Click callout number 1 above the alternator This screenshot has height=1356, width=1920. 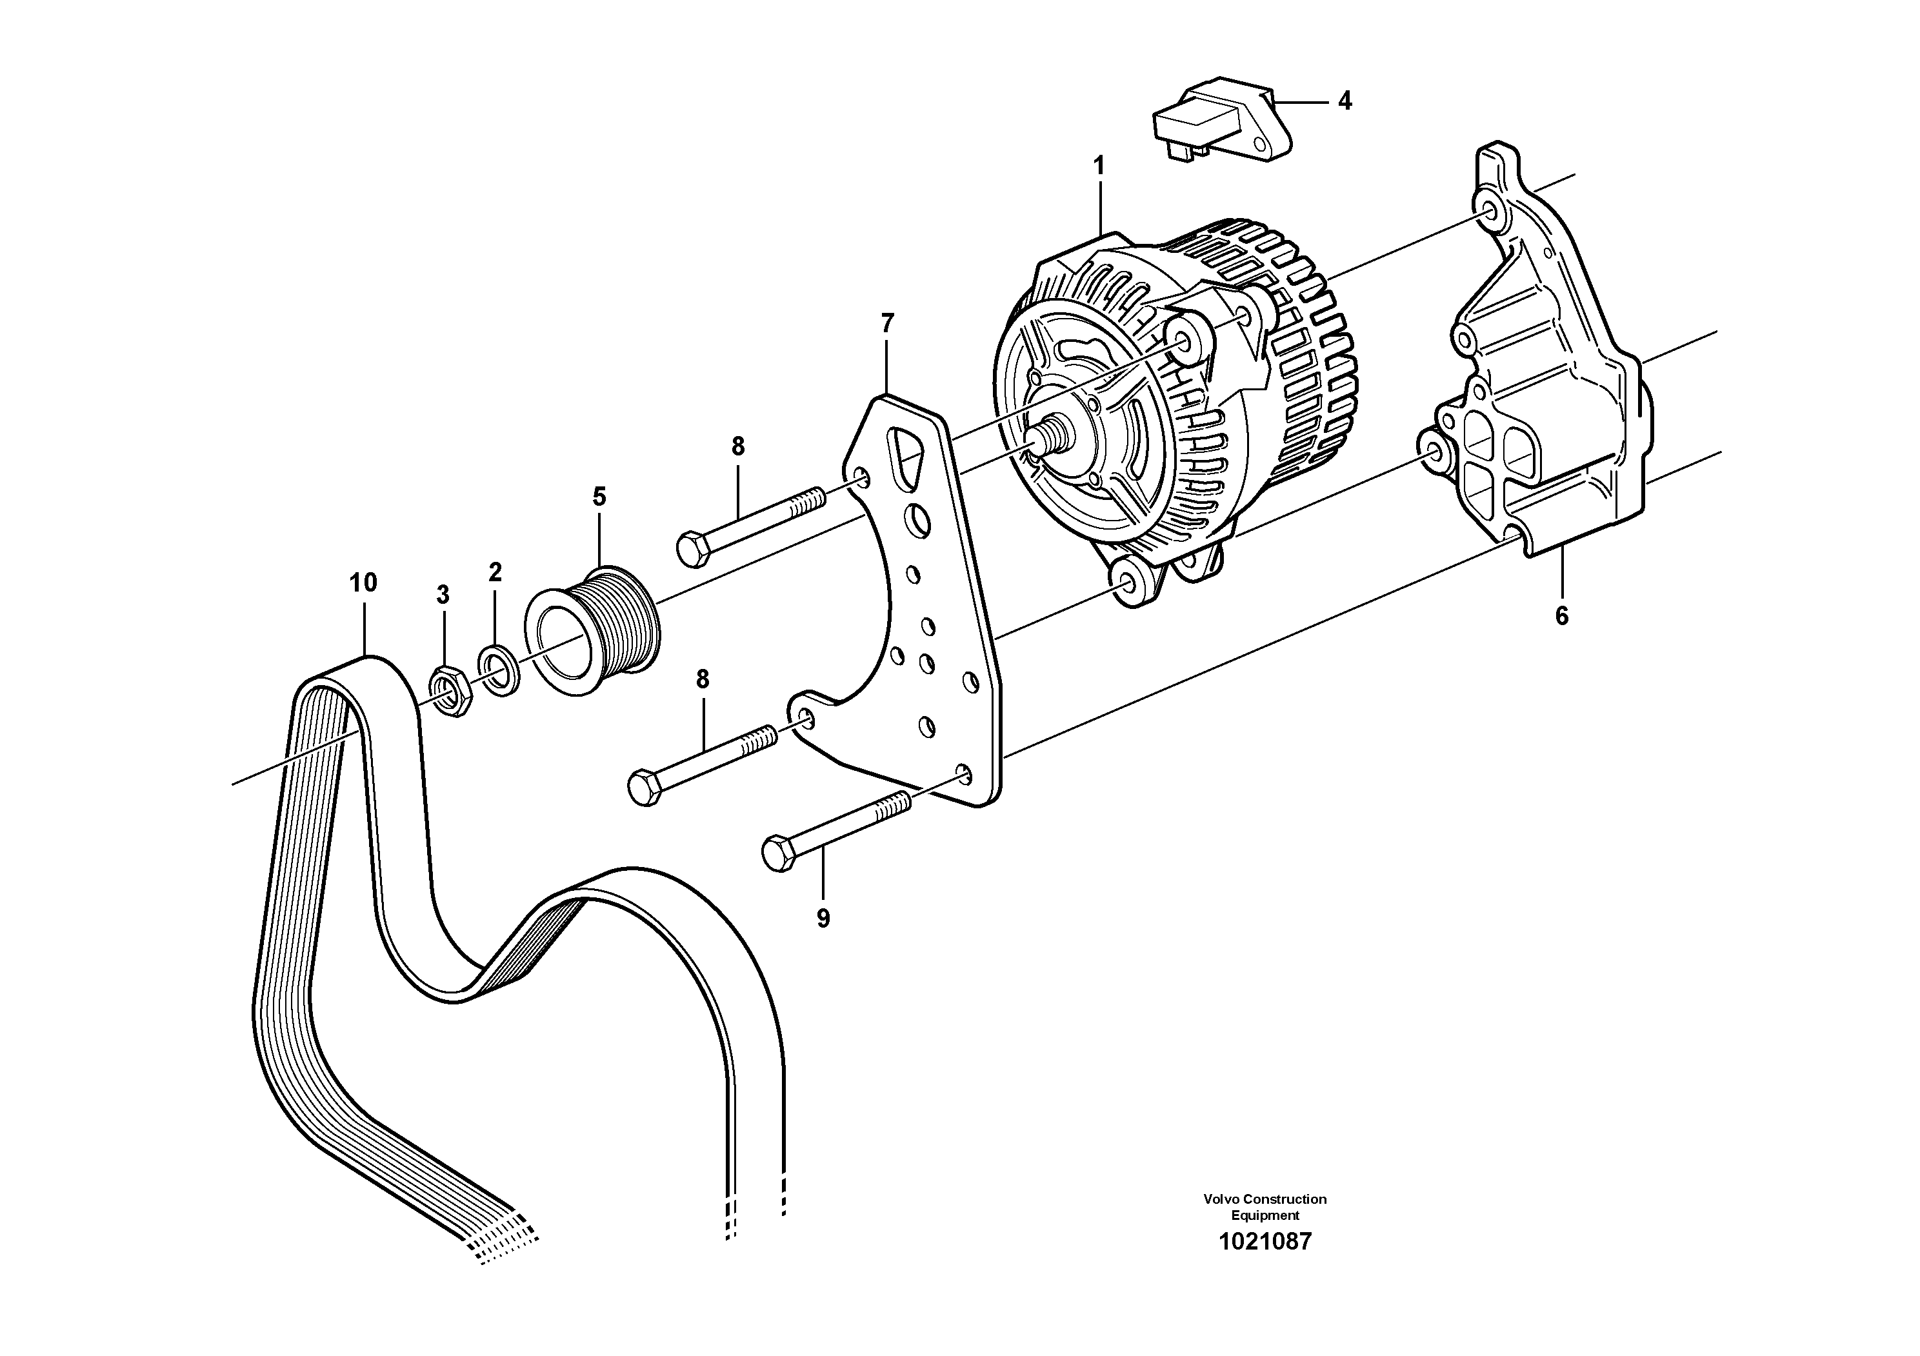pyautogui.click(x=1099, y=166)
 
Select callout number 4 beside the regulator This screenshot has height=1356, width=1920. pyautogui.click(x=1345, y=101)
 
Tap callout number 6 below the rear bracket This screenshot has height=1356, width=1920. pyautogui.click(x=1561, y=616)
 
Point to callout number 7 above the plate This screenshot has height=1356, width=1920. pyautogui.click(x=887, y=322)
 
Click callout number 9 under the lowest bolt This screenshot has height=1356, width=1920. pyautogui.click(x=824, y=918)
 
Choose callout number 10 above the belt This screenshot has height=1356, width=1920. pyautogui.click(x=363, y=582)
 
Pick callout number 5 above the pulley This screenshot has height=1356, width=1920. pyautogui.click(x=599, y=497)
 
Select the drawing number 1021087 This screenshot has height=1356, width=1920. pyautogui.click(x=1265, y=1241)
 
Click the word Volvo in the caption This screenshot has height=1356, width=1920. pyautogui.click(x=1222, y=1199)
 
